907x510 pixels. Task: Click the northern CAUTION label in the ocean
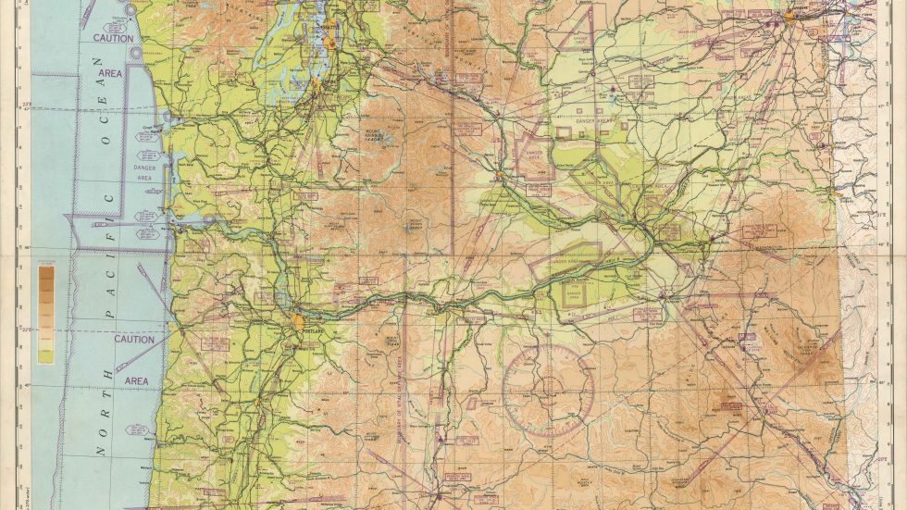tap(113, 39)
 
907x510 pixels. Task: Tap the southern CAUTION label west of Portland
tap(134, 340)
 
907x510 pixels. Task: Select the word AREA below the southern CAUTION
tap(136, 380)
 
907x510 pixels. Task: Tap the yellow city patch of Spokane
tap(789, 16)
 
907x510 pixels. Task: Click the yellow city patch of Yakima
tap(500, 173)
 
